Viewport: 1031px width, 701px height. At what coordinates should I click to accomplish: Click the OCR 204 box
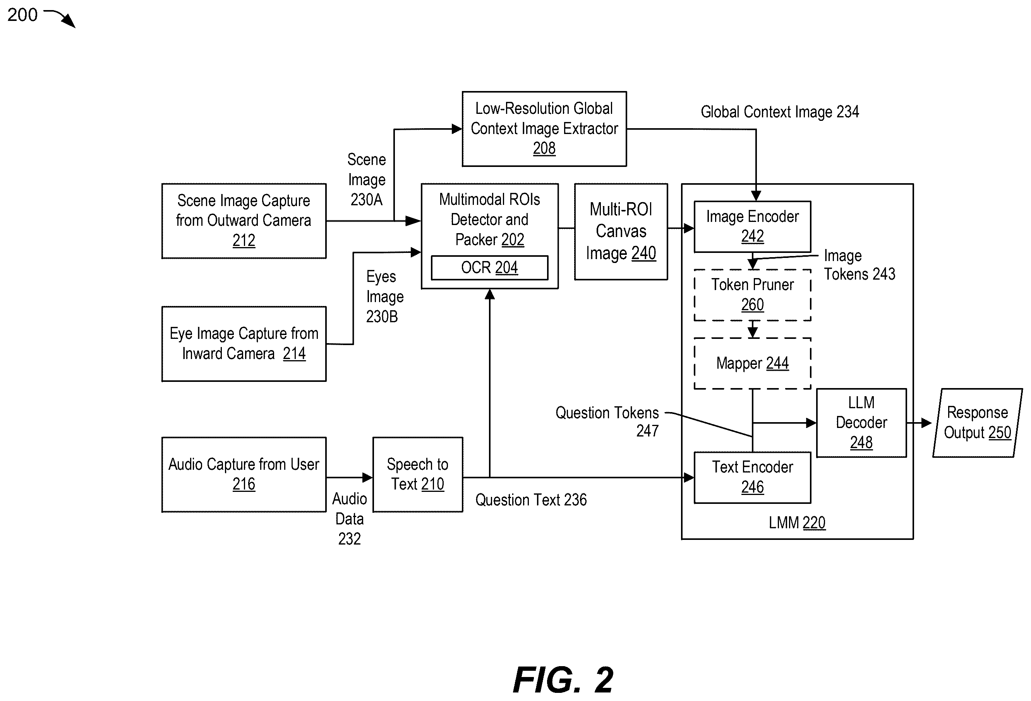(x=489, y=268)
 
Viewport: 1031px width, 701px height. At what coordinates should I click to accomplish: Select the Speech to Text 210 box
(x=417, y=474)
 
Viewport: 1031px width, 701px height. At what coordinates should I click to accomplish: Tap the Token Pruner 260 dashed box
(x=752, y=295)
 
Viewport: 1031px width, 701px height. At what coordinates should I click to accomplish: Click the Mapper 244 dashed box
(x=752, y=363)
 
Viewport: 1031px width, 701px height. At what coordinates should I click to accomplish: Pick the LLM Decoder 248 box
(x=861, y=423)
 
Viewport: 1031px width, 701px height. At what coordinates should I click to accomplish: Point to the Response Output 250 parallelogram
(x=977, y=423)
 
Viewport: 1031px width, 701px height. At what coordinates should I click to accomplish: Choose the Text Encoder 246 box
(x=752, y=478)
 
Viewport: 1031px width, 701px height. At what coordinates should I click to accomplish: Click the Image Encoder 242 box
(x=752, y=227)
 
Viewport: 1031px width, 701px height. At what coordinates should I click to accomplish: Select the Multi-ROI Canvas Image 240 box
(x=621, y=232)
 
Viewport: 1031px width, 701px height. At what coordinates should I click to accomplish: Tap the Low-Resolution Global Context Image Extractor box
(x=544, y=129)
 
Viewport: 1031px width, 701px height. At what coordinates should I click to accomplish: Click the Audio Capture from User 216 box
(x=244, y=474)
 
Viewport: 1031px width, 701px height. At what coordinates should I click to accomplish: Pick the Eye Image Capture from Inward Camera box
(x=244, y=344)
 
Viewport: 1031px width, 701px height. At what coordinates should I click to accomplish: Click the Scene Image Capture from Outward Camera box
(x=244, y=220)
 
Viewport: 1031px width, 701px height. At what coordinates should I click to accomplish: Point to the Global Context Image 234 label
(x=779, y=112)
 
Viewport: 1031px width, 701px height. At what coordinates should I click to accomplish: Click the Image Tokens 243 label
(x=859, y=265)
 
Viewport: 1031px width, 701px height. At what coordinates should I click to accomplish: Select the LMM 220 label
(x=797, y=522)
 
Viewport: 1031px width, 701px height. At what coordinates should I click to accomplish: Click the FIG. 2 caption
(x=563, y=680)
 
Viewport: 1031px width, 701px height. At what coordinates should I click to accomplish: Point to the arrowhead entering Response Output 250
(x=927, y=423)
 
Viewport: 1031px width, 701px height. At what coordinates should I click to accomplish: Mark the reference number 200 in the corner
(x=22, y=15)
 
